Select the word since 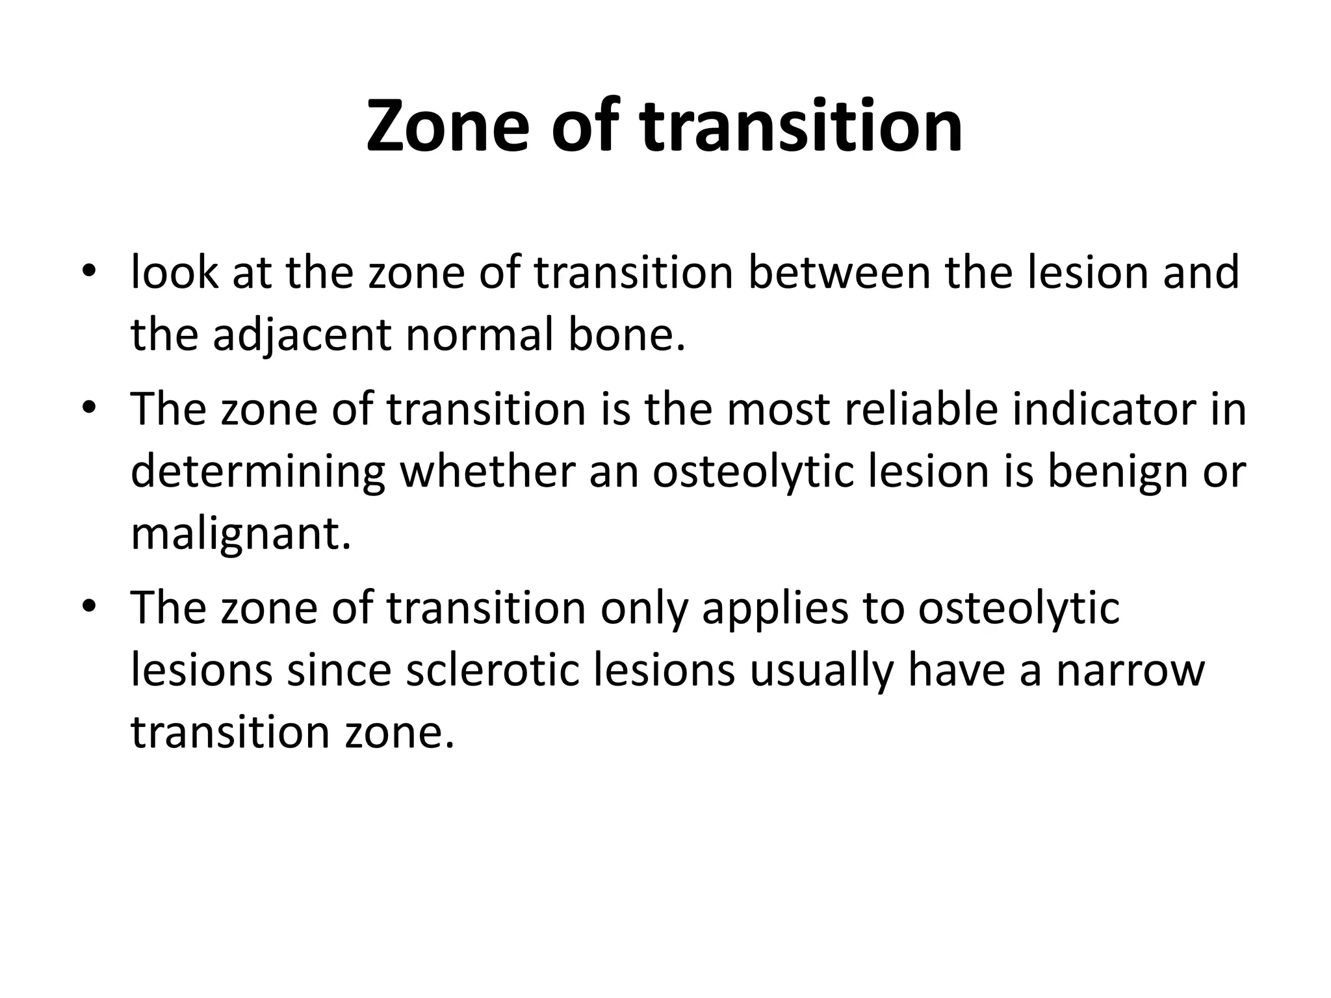click(x=339, y=671)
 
